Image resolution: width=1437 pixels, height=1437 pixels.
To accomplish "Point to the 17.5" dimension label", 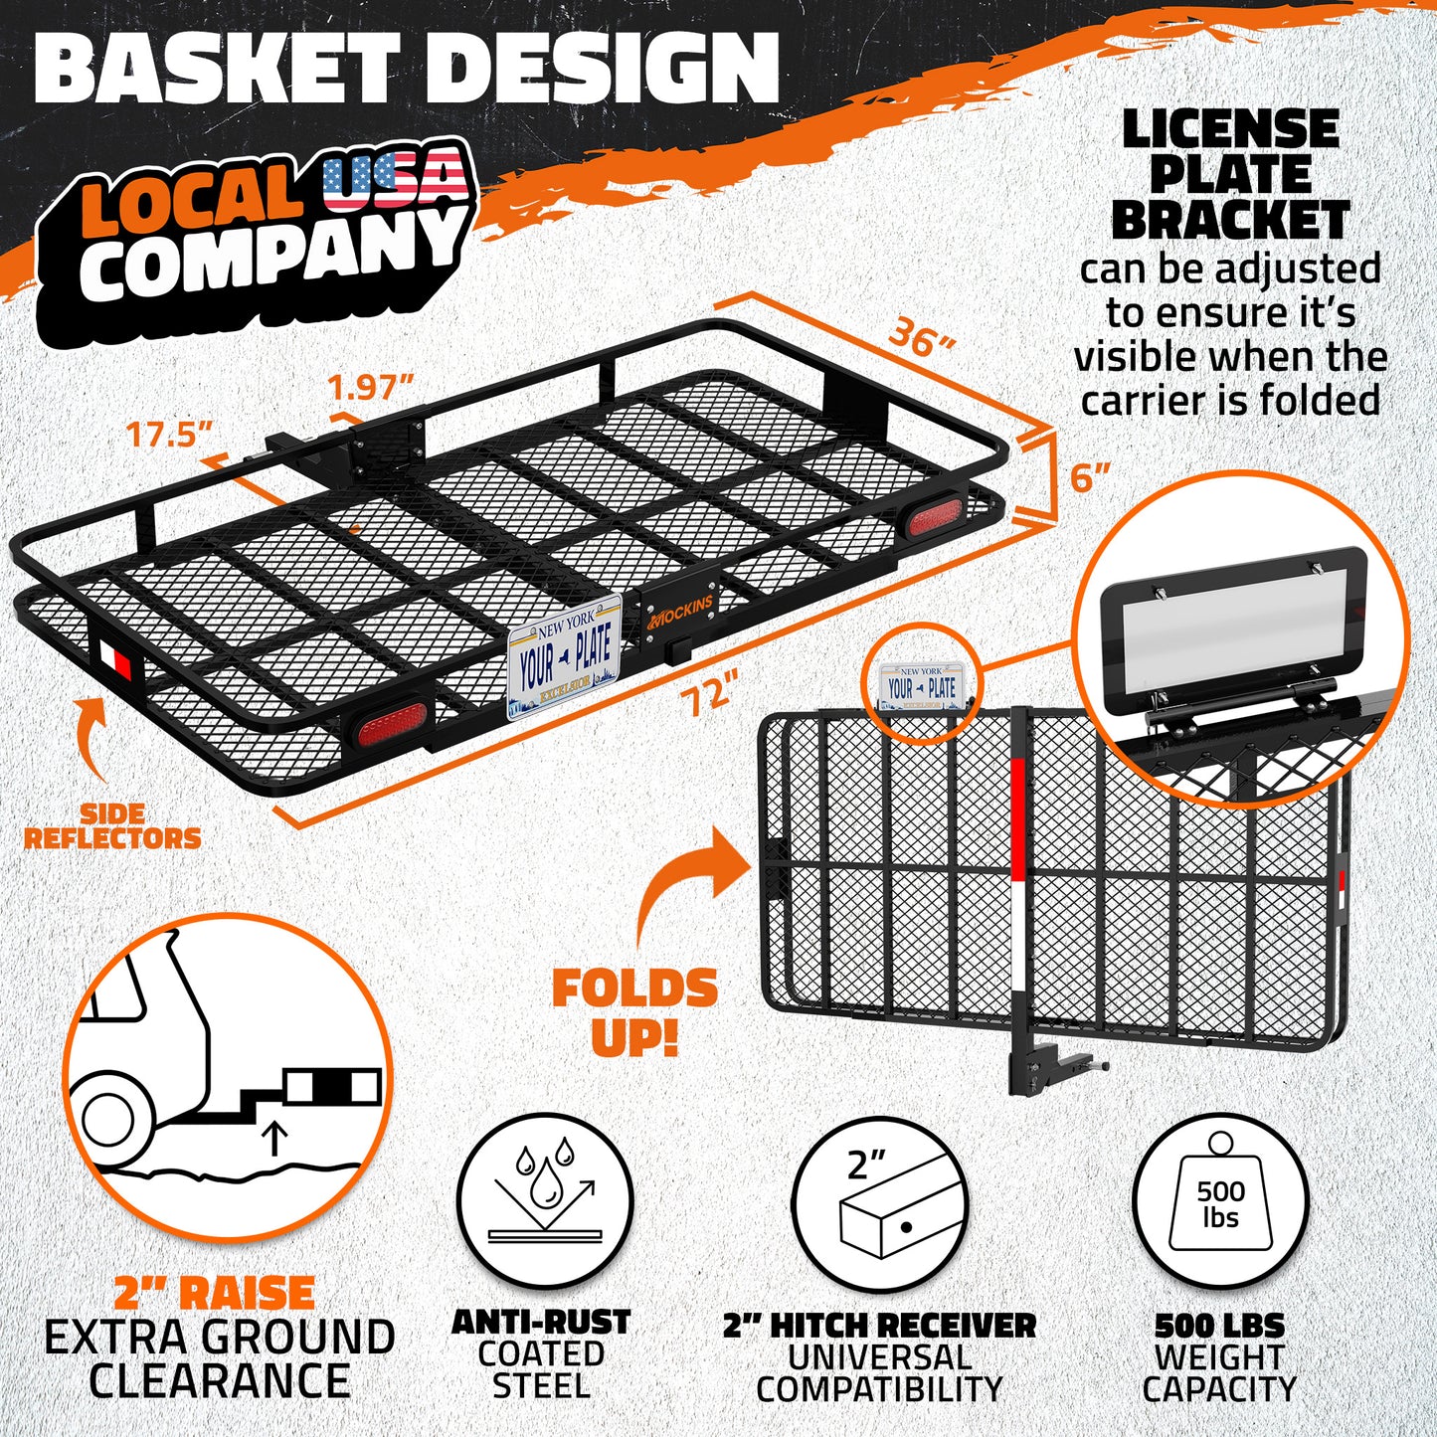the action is [168, 434].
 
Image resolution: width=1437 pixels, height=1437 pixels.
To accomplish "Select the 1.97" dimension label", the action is [371, 388].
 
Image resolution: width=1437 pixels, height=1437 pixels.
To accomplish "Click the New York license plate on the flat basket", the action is [565, 656].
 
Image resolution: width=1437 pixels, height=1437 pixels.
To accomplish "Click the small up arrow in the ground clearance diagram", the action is [275, 1140].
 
